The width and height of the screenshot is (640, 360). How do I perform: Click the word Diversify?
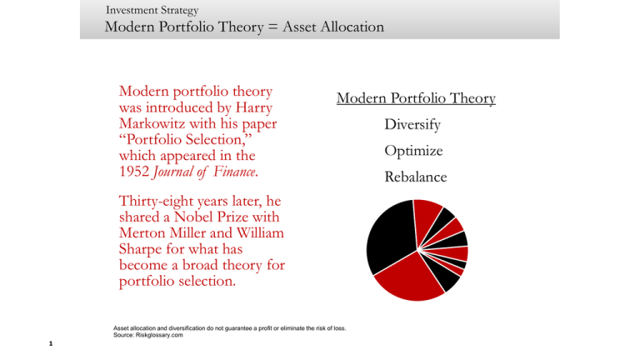tap(412, 124)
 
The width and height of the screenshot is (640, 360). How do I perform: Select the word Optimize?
tap(413, 151)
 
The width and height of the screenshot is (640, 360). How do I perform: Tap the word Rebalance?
tap(416, 177)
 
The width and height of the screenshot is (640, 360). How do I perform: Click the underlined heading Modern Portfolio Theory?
tap(416, 98)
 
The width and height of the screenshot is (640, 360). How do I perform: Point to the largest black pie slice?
tap(390, 237)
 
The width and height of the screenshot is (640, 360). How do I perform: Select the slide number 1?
tap(51, 343)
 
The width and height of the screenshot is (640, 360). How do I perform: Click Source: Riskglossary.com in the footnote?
tap(148, 335)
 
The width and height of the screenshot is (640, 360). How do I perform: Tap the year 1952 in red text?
tap(134, 172)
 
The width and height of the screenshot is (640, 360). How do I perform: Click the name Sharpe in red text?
tap(140, 249)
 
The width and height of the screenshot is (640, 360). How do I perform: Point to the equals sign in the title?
tap(273, 27)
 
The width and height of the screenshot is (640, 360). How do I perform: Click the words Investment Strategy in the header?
tap(152, 10)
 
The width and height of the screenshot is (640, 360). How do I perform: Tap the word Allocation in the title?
tap(352, 27)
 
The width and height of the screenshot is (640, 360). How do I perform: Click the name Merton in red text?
tap(142, 232)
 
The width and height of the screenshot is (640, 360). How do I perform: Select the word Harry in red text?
tap(254, 107)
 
